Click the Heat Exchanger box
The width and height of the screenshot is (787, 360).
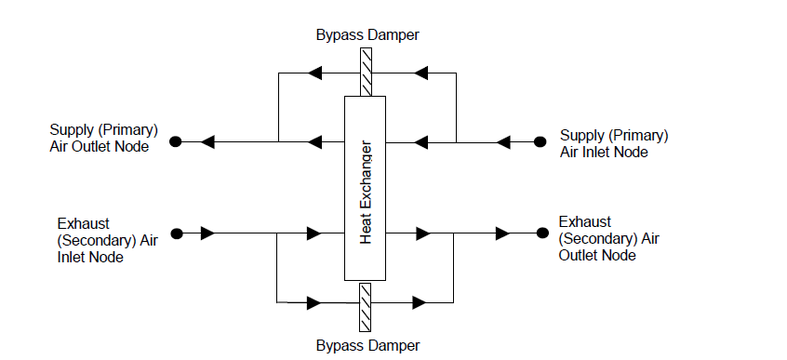pos(366,187)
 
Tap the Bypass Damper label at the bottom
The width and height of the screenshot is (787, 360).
pos(366,346)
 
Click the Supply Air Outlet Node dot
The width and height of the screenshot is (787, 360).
pos(175,142)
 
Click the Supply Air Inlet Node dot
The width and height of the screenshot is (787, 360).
pos(540,142)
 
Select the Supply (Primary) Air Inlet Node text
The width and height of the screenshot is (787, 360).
pos(613,143)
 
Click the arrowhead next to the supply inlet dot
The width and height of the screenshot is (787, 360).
pos(503,142)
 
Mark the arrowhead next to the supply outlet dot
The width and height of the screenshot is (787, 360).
pos(209,142)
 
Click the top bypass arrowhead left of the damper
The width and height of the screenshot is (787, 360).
pos(315,71)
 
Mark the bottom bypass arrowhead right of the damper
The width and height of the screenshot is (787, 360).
pos(420,302)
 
